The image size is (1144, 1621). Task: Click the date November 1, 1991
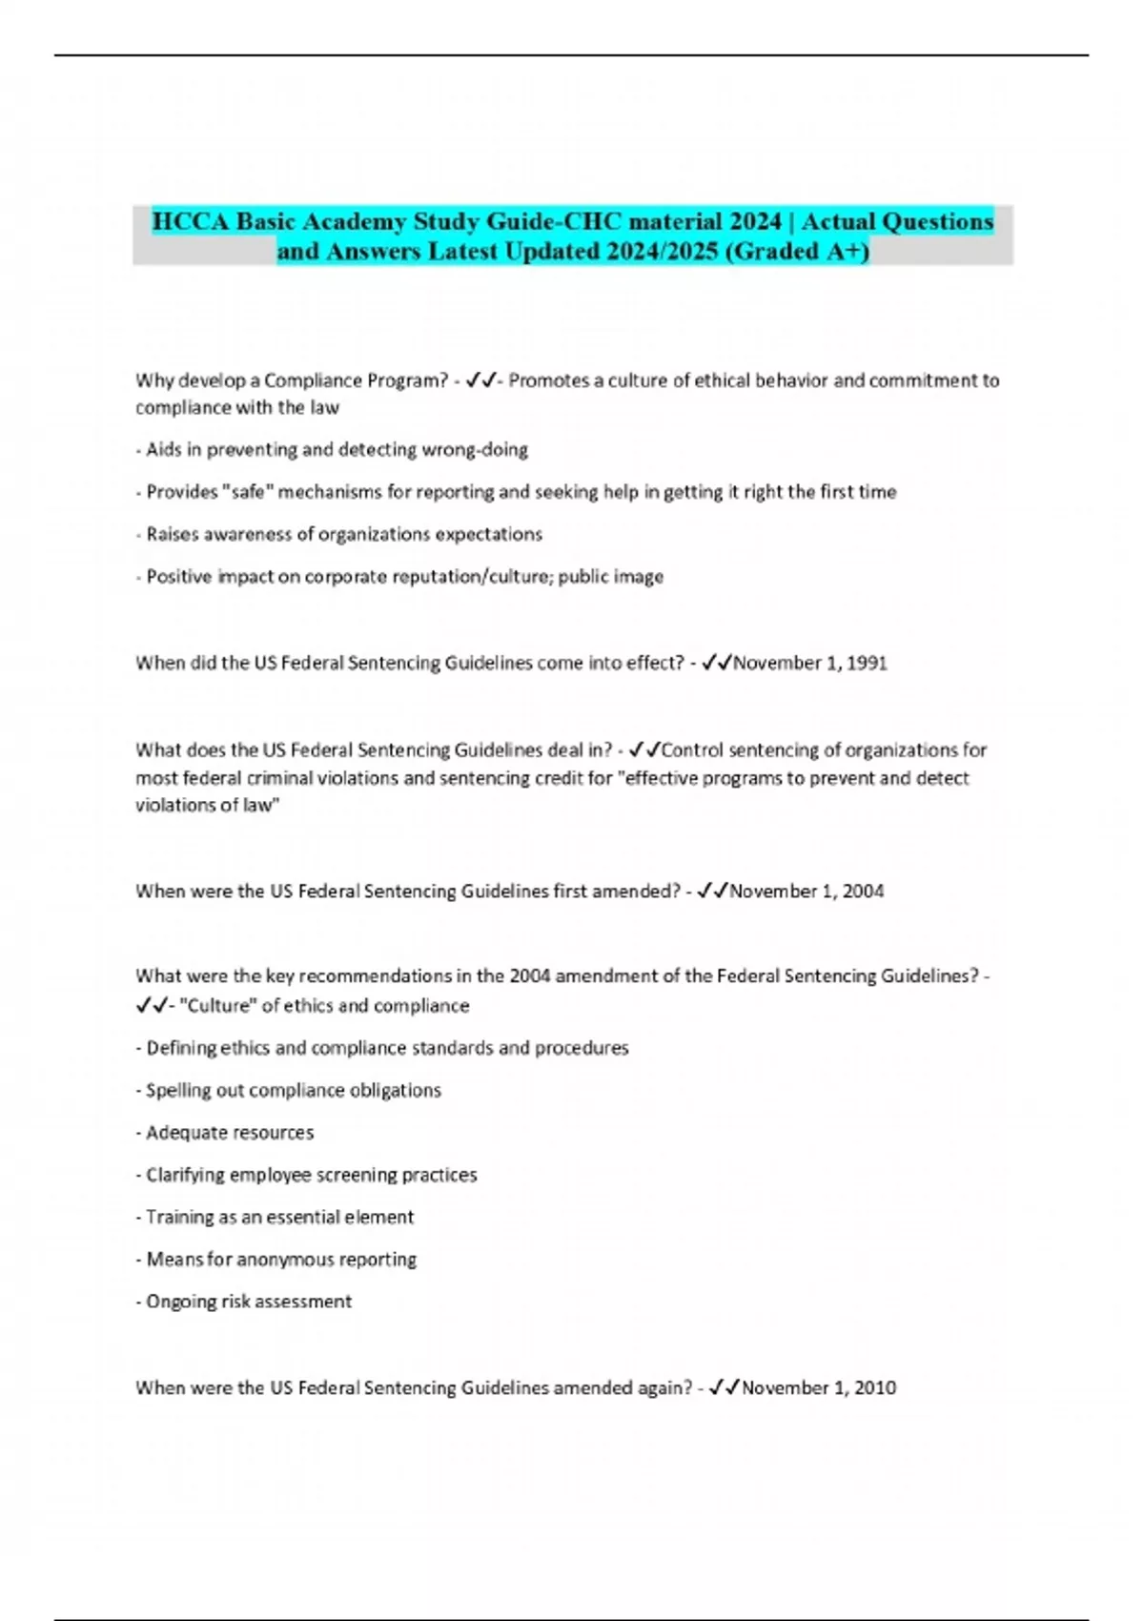click(810, 663)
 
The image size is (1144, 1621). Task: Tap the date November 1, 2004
click(807, 891)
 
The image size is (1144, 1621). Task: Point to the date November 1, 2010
click(819, 1387)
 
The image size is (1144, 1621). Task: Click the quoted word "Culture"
click(217, 1005)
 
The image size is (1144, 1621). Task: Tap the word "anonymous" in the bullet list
click(283, 1260)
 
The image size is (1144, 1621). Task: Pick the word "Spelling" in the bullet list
click(178, 1090)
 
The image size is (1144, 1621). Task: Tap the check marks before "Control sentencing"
click(645, 749)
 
